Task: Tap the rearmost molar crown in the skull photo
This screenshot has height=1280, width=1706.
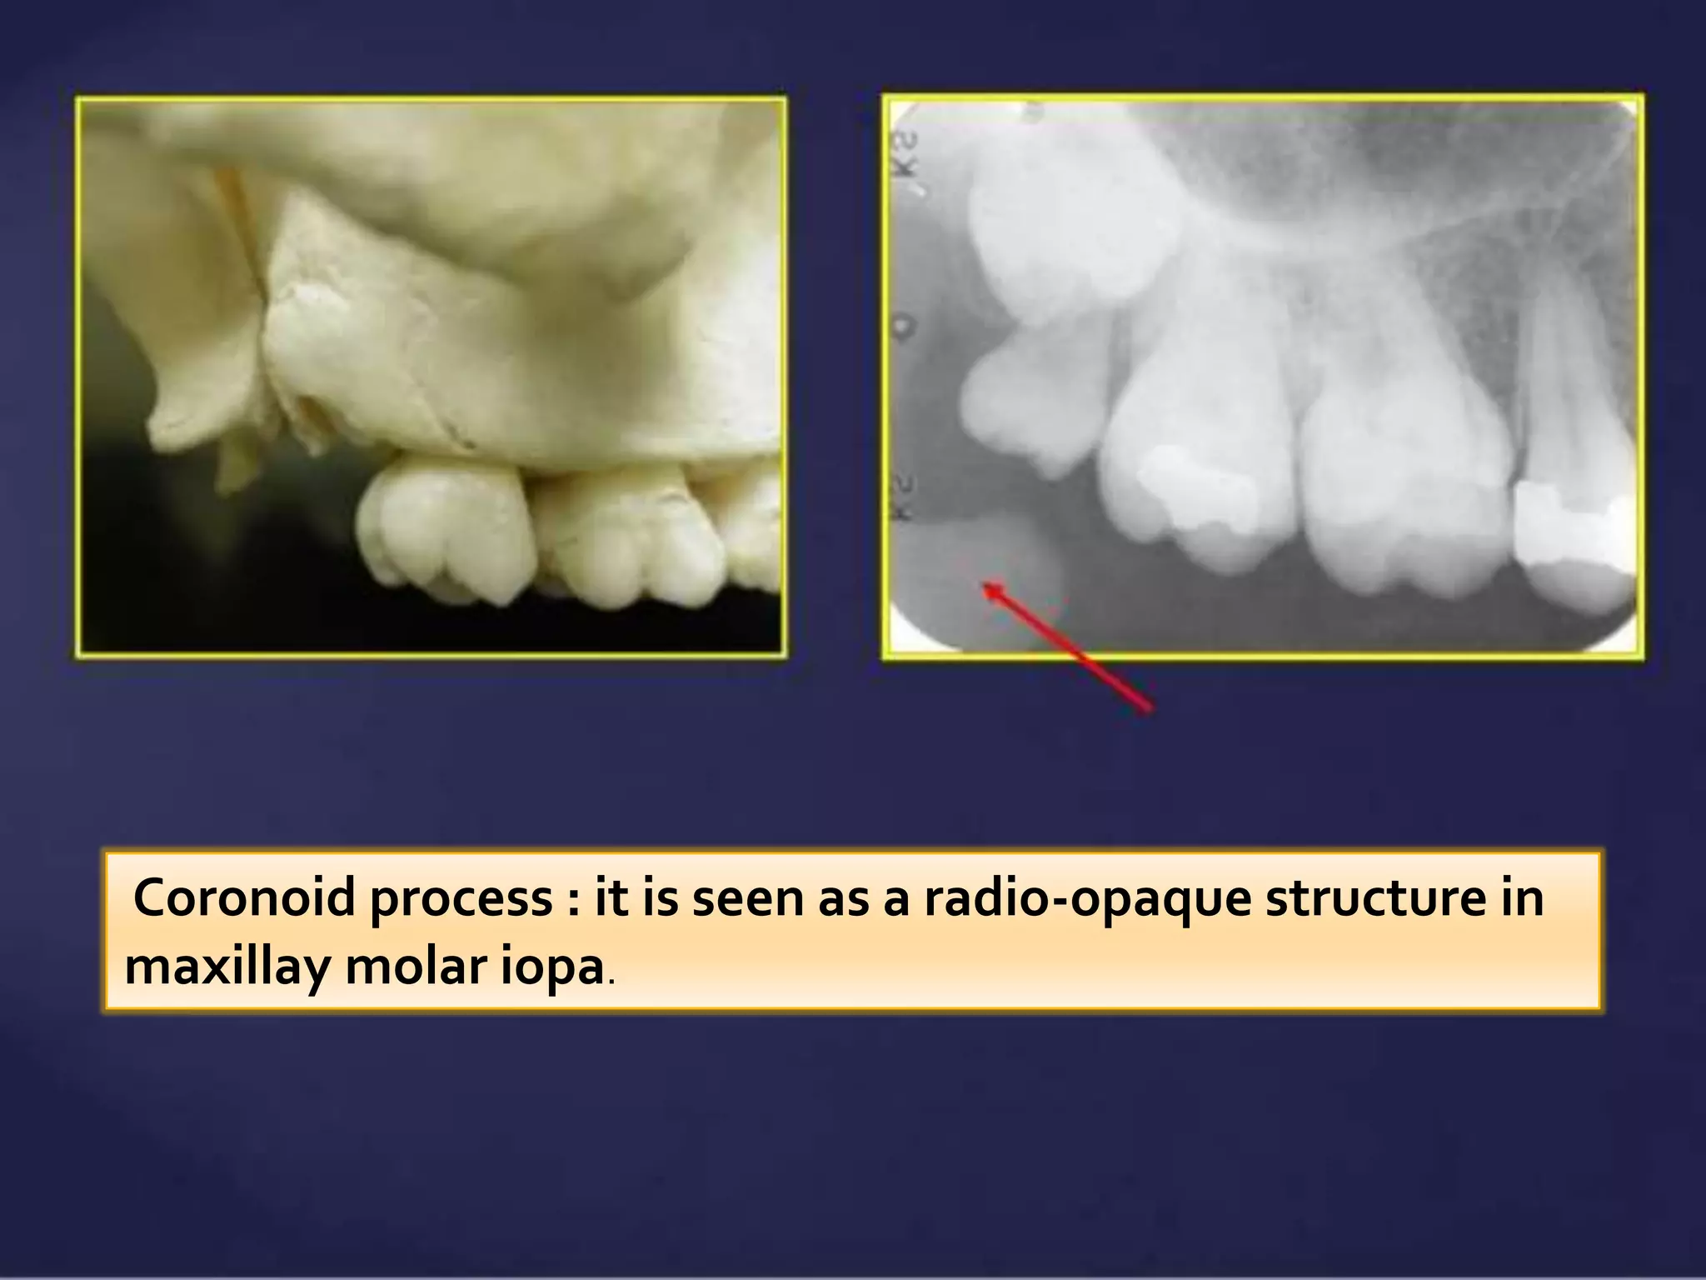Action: [443, 533]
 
